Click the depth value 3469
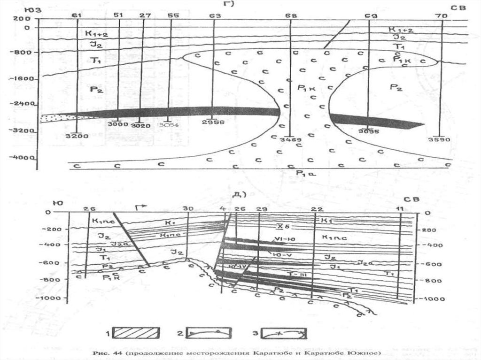click(290, 140)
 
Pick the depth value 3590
click(440, 139)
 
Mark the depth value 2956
click(213, 122)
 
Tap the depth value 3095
click(368, 132)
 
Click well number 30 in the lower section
click(188, 208)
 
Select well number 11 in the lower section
click(400, 208)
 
